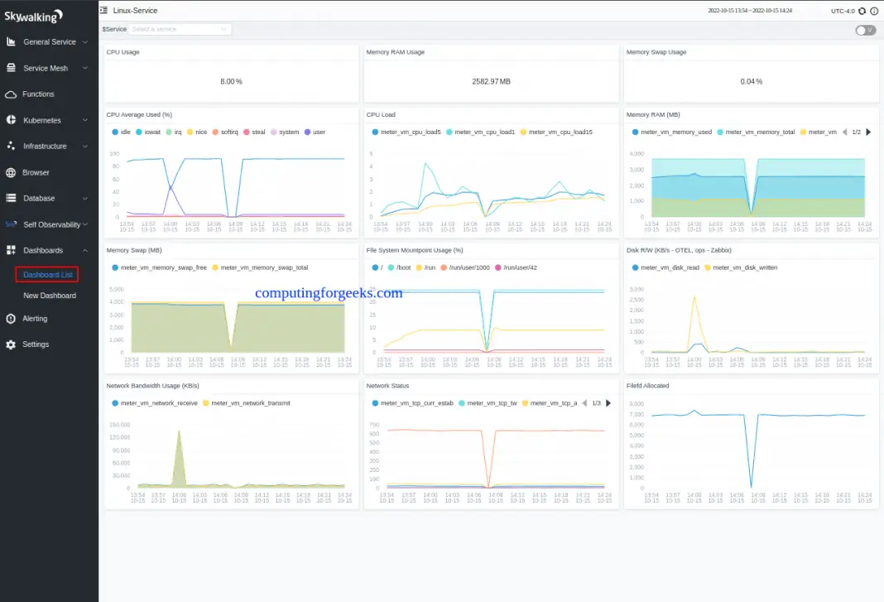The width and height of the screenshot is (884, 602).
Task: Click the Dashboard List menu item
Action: click(48, 274)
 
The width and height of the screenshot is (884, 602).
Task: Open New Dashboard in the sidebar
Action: click(50, 296)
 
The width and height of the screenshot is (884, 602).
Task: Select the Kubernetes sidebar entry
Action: click(41, 120)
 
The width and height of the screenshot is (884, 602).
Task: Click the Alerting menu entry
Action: click(35, 319)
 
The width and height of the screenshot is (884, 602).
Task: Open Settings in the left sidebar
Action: click(36, 344)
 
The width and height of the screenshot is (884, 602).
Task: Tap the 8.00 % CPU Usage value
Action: click(231, 81)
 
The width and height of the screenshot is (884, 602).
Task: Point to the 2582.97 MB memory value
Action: click(491, 81)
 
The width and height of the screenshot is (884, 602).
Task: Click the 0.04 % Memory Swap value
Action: click(751, 81)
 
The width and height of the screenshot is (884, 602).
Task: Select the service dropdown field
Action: click(180, 29)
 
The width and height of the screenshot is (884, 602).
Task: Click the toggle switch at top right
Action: click(865, 30)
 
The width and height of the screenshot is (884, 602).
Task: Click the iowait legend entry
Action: click(152, 132)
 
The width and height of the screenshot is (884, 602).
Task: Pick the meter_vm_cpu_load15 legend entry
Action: click(558, 132)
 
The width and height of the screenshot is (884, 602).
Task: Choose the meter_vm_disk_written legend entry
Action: click(743, 267)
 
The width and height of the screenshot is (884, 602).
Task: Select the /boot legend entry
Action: click(403, 267)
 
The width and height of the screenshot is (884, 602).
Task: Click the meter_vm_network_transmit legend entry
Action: click(251, 403)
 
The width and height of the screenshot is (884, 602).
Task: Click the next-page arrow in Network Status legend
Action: click(608, 403)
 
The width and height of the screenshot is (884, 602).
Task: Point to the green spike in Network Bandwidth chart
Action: click(178, 431)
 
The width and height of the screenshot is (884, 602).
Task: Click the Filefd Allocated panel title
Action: click(647, 386)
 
